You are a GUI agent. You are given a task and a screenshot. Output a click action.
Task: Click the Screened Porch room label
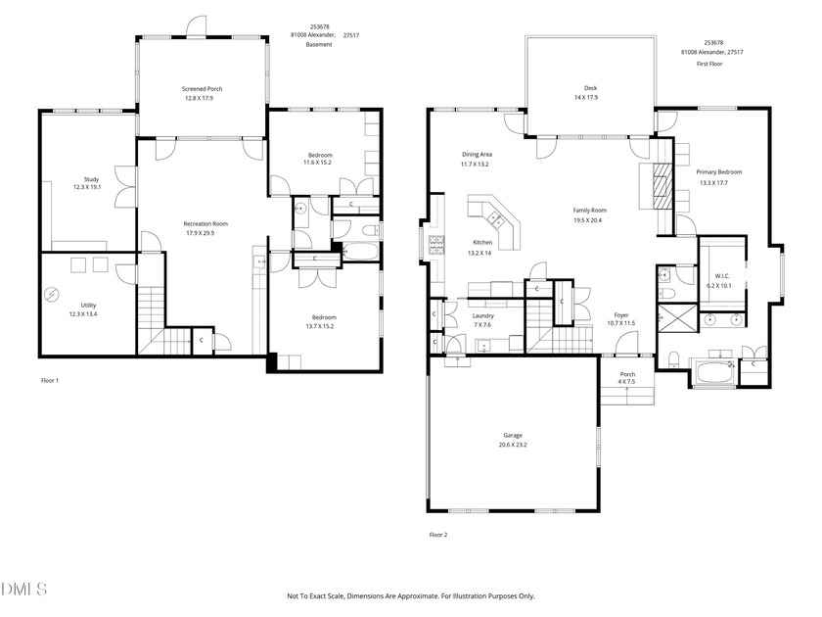click(202, 89)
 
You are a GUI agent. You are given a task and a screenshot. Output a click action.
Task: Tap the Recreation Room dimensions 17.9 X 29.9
click(200, 233)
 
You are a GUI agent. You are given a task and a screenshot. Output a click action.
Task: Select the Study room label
click(91, 179)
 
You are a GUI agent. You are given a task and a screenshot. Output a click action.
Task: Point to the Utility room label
click(88, 306)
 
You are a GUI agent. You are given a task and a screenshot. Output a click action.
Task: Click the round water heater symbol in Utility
click(51, 296)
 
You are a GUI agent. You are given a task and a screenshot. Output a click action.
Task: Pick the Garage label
click(513, 436)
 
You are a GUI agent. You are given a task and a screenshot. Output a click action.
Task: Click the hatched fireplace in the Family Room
click(662, 186)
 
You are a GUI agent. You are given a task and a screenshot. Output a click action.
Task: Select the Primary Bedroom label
click(718, 172)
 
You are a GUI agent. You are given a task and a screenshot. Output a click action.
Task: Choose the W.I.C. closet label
click(722, 276)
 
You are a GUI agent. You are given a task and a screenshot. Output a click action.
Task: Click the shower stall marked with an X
click(677, 318)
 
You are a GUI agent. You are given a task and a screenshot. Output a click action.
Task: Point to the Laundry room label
click(482, 315)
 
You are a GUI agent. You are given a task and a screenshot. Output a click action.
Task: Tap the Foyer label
click(621, 315)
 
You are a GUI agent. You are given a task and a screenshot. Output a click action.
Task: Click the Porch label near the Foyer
click(627, 374)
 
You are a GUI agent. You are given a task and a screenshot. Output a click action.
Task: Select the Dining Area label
click(477, 155)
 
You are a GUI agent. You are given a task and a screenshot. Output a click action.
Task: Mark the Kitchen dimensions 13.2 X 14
click(479, 254)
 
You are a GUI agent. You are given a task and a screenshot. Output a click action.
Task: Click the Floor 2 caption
click(438, 535)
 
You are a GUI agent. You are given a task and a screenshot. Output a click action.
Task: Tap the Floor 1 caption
click(50, 381)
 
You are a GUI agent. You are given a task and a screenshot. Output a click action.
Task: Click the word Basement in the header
click(319, 45)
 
